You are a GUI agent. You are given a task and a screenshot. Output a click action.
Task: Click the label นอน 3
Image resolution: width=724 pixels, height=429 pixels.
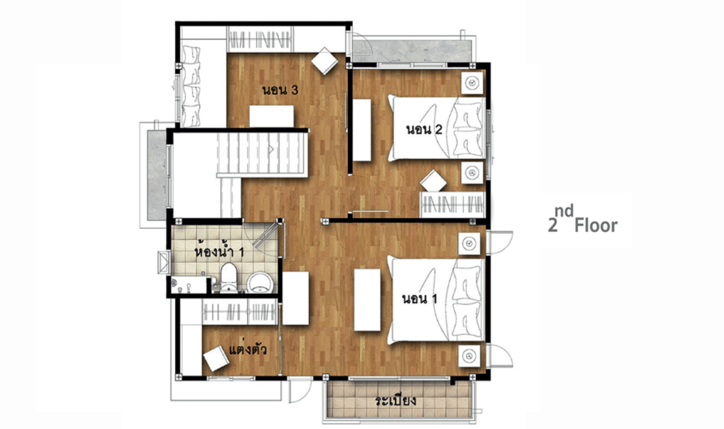coord(280,90)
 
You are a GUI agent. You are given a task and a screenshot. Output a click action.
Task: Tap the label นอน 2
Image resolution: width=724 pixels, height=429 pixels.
coord(424,129)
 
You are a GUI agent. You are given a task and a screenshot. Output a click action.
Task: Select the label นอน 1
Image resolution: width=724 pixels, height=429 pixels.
coord(419,299)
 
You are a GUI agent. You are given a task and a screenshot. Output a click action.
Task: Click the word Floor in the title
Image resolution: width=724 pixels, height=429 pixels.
coord(596,226)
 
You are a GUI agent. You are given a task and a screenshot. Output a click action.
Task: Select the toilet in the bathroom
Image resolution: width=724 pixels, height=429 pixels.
coord(228,278)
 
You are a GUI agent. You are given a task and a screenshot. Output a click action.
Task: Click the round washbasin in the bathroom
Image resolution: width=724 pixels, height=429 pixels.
coord(260,282)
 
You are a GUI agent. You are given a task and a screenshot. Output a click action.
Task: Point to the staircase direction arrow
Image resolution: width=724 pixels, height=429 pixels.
coord(271,149)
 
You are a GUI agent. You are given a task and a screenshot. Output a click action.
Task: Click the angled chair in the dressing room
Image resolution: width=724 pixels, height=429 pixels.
coord(216,359)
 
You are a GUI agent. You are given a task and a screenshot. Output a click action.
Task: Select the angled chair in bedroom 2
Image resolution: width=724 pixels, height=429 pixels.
coord(433,180)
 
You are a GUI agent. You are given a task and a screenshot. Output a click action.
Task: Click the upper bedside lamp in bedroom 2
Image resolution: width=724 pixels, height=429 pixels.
coord(472,84)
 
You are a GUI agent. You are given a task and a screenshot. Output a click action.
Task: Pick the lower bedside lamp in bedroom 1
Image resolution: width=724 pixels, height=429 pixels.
coord(469,356)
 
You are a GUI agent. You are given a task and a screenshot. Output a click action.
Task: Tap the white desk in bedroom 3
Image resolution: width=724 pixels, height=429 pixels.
coord(271,117)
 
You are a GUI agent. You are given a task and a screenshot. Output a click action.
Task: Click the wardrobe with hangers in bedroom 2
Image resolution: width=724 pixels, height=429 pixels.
coord(452,204)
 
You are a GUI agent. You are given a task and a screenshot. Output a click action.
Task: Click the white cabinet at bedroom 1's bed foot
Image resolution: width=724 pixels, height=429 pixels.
coord(367,300)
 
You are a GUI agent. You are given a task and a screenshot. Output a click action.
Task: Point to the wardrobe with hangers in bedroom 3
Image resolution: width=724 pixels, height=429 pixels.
coord(261,40)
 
